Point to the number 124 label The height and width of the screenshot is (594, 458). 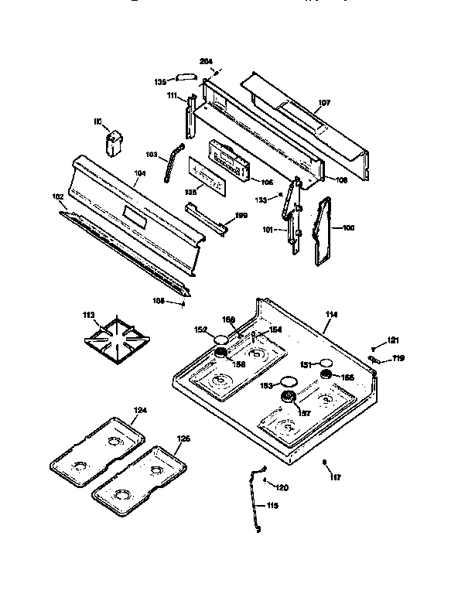140,410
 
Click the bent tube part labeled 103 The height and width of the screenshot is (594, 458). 169,163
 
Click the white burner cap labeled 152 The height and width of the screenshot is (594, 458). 221,339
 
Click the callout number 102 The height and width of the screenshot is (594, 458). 58,196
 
